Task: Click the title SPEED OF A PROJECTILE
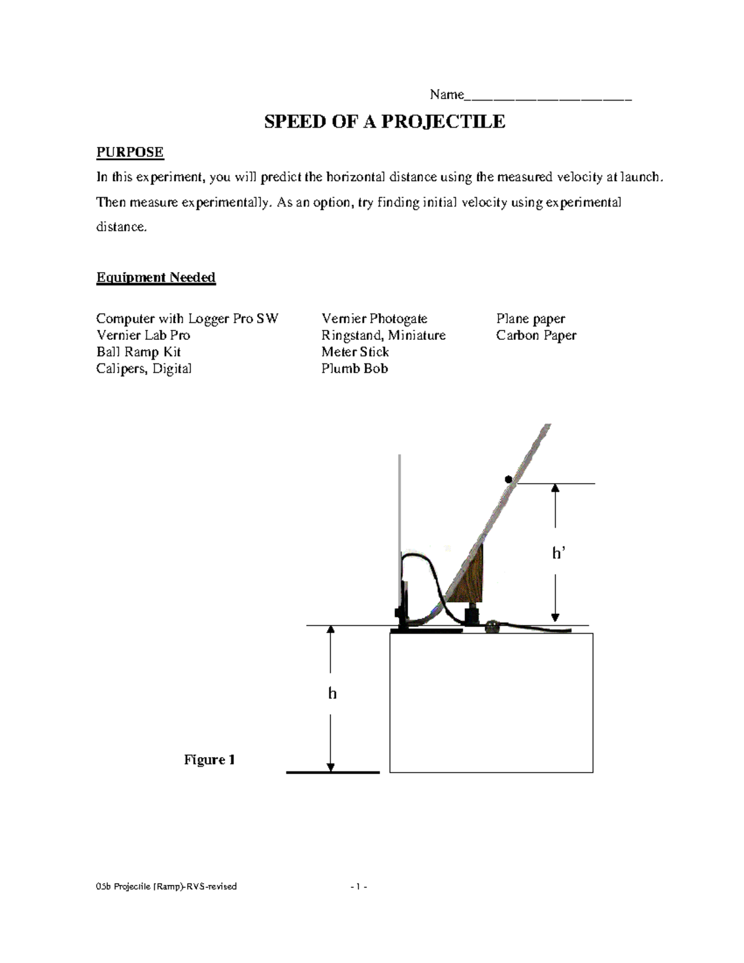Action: [x=384, y=122]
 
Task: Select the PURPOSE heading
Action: [x=130, y=153]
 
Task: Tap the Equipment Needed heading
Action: [x=156, y=277]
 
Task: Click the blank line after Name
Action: [x=548, y=96]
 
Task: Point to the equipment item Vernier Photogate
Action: [x=374, y=319]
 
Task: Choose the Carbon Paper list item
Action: [x=536, y=335]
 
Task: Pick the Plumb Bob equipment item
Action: [x=354, y=369]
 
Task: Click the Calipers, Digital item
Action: [x=143, y=369]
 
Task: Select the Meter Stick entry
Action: [x=355, y=352]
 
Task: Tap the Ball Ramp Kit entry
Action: [x=138, y=352]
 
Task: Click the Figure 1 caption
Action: [x=209, y=760]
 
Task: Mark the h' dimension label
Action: [x=559, y=553]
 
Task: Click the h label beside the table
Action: [x=332, y=693]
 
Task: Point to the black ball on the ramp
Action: [x=508, y=479]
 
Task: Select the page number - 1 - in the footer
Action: [x=358, y=887]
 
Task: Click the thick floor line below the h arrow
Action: [x=332, y=773]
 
